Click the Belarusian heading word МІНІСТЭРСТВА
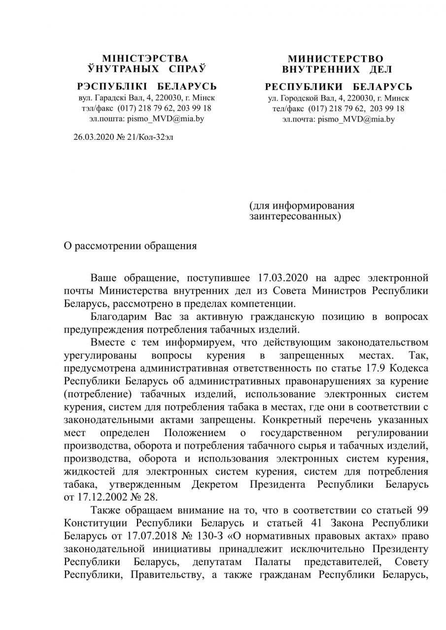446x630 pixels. pyautogui.click(x=145, y=59)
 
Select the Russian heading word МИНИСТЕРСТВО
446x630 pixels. pyautogui.click(x=336, y=59)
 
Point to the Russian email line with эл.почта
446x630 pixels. pyautogui.click(x=339, y=119)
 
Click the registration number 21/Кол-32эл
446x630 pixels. pyautogui.click(x=148, y=137)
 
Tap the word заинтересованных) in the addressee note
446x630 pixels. pyautogui.click(x=295, y=216)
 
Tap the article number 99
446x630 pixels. pyautogui.click(x=422, y=510)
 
